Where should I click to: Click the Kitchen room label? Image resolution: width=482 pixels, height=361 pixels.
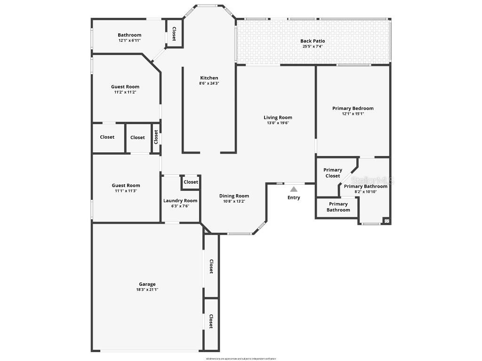click(209, 78)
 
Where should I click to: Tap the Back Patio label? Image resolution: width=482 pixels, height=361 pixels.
click(313, 41)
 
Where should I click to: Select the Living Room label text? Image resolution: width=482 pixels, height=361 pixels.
click(278, 118)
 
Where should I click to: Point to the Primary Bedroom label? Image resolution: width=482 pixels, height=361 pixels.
click(353, 108)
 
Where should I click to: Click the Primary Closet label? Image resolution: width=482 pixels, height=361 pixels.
click(332, 173)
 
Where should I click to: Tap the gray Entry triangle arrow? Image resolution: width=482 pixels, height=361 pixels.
click(294, 189)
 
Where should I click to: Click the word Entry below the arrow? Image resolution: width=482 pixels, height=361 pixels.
click(294, 197)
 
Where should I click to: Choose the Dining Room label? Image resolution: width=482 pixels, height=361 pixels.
click(234, 196)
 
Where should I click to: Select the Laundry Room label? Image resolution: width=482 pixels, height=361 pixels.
click(180, 201)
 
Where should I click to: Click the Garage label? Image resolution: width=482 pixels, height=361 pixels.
click(147, 284)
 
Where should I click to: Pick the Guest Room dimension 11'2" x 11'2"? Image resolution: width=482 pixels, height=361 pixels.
click(125, 92)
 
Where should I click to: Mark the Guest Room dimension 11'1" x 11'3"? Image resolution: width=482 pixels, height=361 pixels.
click(126, 191)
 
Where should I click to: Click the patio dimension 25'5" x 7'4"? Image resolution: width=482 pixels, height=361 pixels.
click(313, 47)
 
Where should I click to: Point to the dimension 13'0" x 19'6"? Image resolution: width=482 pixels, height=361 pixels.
click(278, 123)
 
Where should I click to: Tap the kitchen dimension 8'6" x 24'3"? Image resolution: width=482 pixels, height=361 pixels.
click(209, 83)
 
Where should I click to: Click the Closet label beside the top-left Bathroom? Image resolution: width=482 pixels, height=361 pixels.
click(174, 33)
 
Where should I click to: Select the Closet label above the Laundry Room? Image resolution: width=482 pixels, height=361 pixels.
click(191, 182)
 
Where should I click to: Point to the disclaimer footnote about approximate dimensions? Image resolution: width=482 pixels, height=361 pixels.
click(241, 359)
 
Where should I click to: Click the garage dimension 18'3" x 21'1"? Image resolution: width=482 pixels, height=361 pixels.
click(147, 290)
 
